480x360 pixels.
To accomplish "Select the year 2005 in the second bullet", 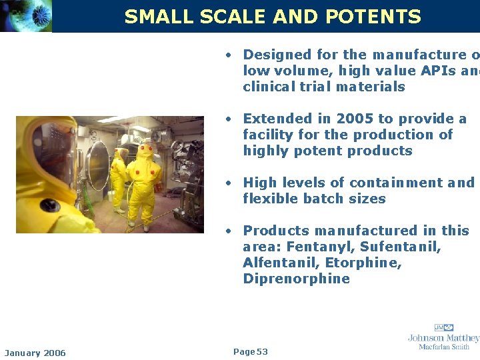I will (355, 119).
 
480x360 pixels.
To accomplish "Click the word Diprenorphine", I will (296, 279).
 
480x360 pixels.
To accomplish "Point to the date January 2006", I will (35, 353).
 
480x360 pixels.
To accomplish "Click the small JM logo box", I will (444, 327).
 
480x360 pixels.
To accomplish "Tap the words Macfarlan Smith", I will (444, 347).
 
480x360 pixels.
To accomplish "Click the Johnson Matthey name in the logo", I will (444, 338).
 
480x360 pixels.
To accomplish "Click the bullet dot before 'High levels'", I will (228, 183).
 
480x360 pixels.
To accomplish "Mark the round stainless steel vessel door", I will (97, 159).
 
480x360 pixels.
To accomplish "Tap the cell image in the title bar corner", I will (26, 16).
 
